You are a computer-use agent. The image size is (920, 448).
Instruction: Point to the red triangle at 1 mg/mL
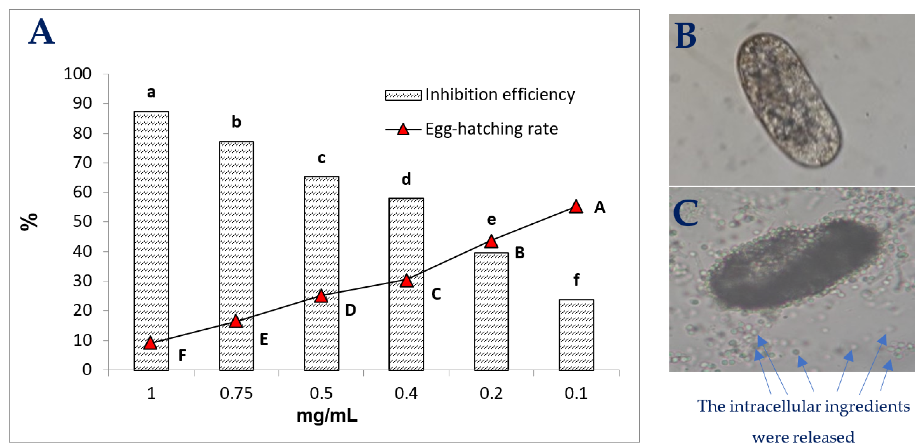151,343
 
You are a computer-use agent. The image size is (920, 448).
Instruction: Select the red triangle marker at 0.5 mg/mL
321,296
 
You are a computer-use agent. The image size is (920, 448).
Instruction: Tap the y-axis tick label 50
82,221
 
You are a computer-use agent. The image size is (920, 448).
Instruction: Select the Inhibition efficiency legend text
500,95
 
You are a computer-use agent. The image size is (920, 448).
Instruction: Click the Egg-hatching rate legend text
491,129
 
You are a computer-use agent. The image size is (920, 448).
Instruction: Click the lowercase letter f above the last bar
576,279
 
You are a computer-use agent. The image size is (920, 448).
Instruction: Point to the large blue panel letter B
686,36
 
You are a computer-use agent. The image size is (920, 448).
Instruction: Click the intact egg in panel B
789,100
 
